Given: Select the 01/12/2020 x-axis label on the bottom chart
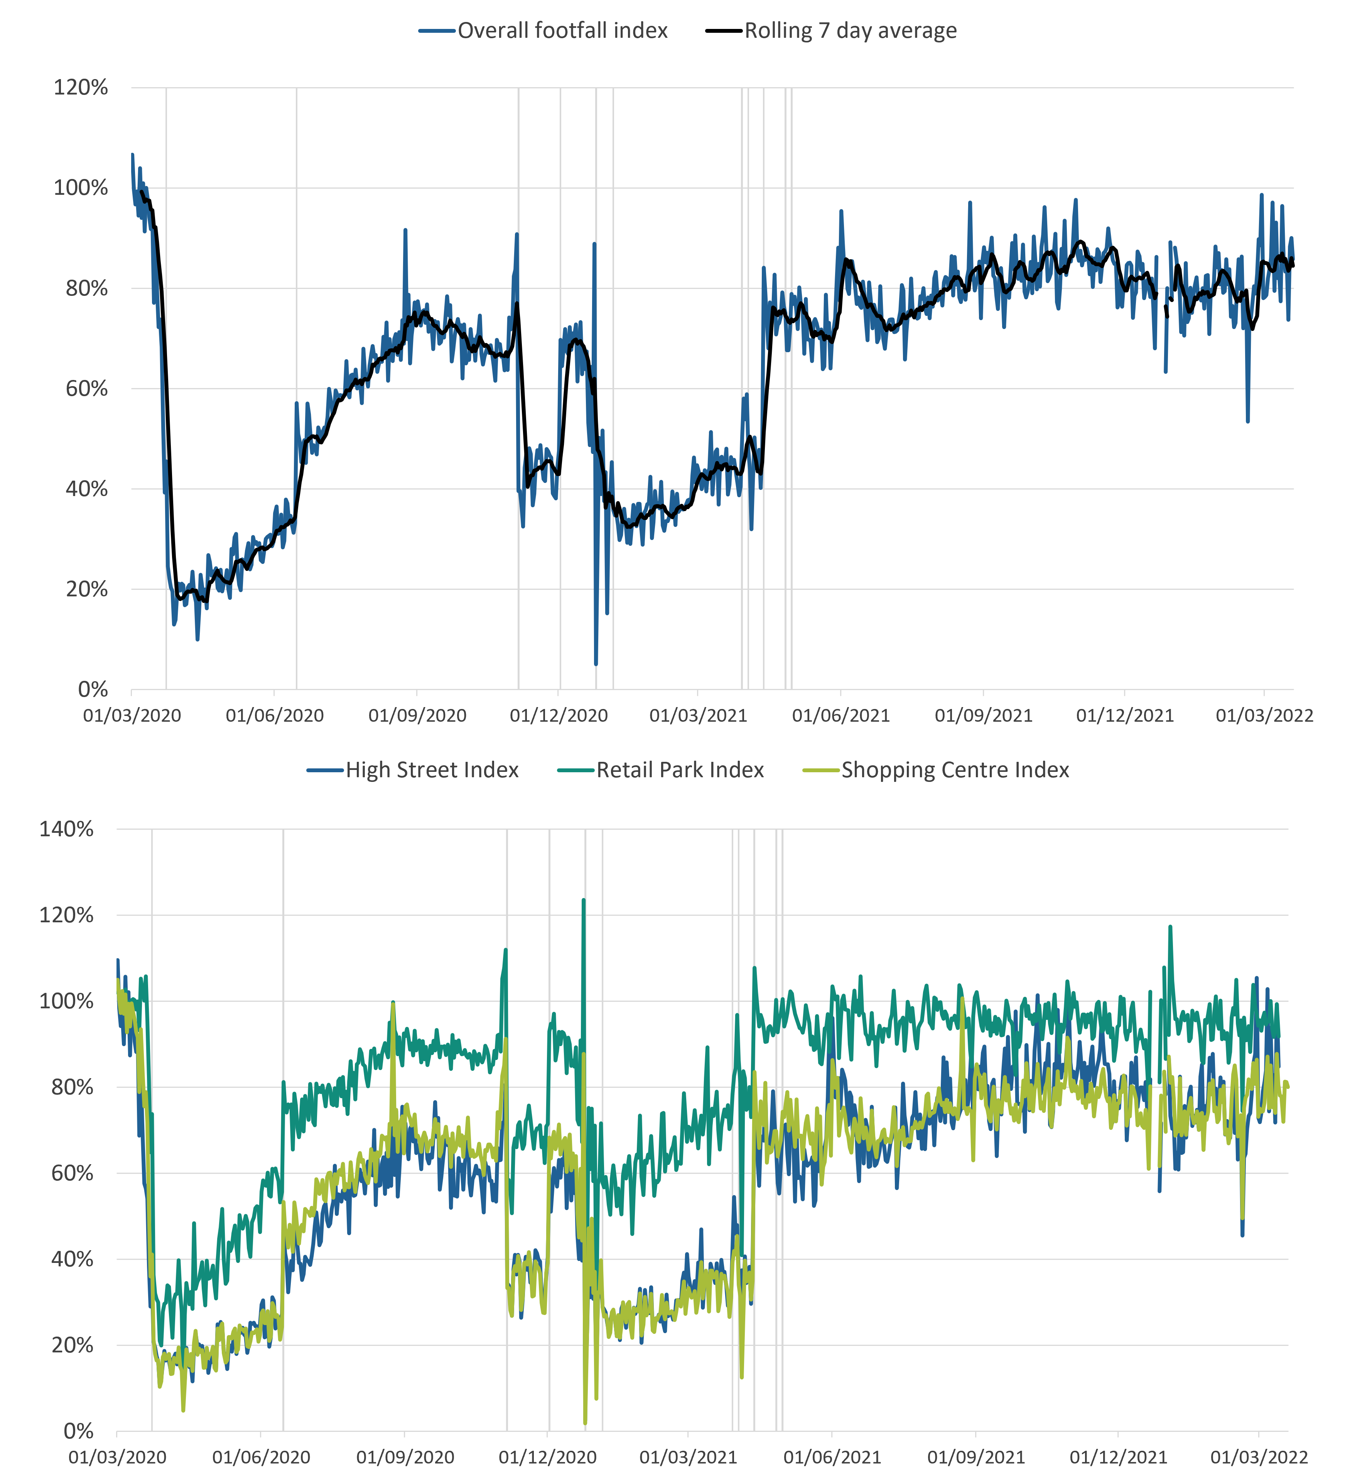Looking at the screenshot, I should coord(547,1457).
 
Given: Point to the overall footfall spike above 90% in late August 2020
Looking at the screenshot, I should coord(405,230).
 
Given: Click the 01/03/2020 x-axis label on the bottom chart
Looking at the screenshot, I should coord(117,1457).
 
